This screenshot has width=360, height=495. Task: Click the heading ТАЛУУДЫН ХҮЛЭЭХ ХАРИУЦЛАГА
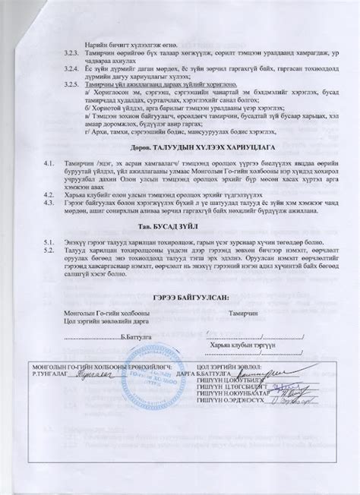(x=180, y=150)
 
